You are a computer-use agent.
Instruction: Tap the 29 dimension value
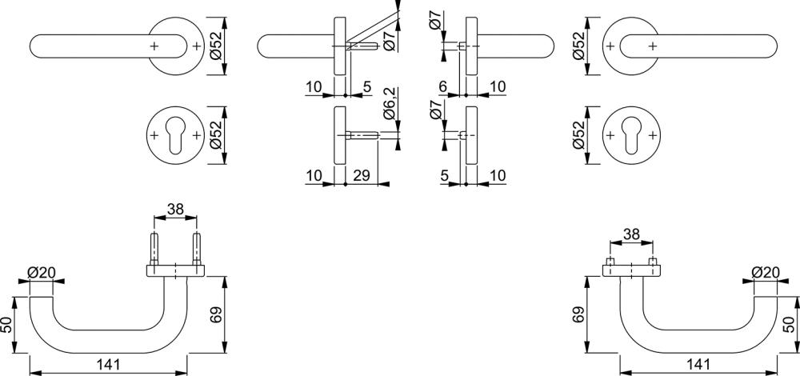[x=361, y=176]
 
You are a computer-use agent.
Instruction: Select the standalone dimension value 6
[x=442, y=86]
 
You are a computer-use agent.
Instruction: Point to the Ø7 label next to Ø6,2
[x=436, y=110]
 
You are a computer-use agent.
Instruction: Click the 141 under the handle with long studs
[x=108, y=364]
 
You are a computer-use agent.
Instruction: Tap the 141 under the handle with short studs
[x=698, y=364]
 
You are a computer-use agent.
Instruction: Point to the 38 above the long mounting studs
[x=175, y=209]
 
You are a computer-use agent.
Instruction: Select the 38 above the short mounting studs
[x=631, y=234]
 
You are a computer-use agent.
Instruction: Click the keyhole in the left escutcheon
[x=175, y=136]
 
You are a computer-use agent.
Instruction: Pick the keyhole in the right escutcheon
[x=631, y=136]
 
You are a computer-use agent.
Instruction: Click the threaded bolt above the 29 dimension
[x=362, y=135]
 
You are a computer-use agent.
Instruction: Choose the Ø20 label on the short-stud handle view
[x=766, y=273]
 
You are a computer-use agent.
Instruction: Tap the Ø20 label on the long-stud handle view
[x=41, y=273]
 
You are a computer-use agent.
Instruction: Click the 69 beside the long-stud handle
[x=216, y=314]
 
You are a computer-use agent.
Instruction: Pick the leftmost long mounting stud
[x=154, y=250]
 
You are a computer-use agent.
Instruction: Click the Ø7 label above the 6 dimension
[x=436, y=22]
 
